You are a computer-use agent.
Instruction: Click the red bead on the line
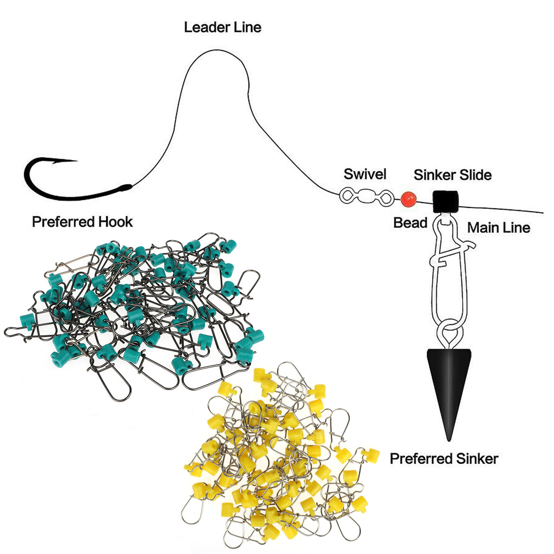(408, 199)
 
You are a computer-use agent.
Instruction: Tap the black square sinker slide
(446, 201)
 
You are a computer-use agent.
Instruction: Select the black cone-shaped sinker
(449, 384)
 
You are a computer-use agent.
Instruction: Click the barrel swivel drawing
(367, 197)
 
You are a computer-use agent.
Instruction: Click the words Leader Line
(223, 27)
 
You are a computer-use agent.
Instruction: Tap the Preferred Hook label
(82, 222)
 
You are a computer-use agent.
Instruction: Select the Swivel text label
(365, 174)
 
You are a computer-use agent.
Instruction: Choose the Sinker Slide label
(453, 175)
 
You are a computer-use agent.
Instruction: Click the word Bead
(410, 223)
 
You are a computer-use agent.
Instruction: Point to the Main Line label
(499, 228)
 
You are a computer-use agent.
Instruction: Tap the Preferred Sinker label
(444, 459)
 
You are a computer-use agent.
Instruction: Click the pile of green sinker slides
(135, 312)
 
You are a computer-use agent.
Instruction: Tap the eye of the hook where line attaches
(126, 187)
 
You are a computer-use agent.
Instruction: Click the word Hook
(115, 222)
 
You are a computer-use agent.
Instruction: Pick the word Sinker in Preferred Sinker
(477, 459)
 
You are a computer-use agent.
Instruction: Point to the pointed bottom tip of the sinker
(449, 439)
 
